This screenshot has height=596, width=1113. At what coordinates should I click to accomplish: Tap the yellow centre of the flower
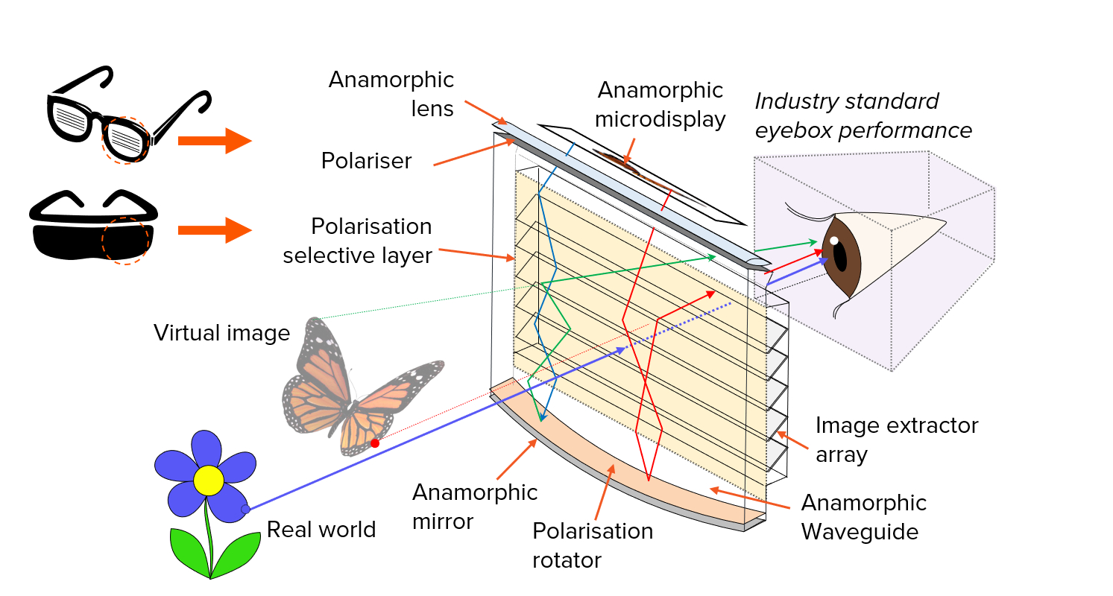(x=208, y=481)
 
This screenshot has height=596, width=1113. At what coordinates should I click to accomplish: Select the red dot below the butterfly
(x=375, y=443)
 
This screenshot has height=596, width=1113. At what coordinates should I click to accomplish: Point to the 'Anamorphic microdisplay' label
(x=661, y=104)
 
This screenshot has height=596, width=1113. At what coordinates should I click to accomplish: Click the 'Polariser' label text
(x=366, y=161)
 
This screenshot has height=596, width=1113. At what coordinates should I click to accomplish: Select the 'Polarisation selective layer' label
(x=358, y=241)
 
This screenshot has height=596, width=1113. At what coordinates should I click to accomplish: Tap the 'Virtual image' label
(x=221, y=333)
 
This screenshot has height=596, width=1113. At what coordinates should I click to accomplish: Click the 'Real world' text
(x=321, y=530)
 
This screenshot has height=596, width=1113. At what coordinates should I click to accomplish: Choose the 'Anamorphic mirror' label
(x=474, y=507)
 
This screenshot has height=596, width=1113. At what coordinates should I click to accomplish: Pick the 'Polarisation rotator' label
(x=593, y=545)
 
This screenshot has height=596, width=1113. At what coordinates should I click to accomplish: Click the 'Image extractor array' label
(x=896, y=440)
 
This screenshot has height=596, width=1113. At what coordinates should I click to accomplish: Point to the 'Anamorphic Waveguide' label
(x=863, y=517)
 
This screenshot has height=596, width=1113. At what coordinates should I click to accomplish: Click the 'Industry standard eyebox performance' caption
(x=863, y=115)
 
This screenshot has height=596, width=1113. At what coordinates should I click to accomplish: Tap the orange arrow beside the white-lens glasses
(x=215, y=140)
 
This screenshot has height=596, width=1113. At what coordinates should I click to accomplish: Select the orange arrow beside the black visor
(x=215, y=230)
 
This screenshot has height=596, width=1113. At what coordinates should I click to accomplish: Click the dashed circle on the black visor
(x=125, y=241)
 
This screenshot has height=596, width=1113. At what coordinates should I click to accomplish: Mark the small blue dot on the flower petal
(x=245, y=510)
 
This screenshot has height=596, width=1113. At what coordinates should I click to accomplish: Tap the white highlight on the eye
(x=834, y=240)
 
